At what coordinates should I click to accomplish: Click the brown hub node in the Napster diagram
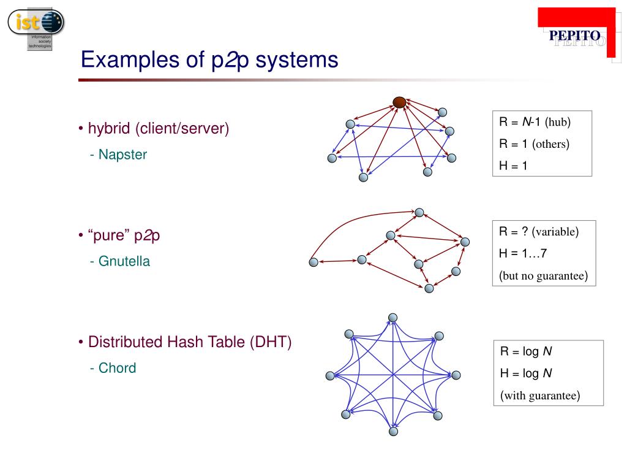[x=399, y=102]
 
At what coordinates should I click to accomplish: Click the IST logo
[x=36, y=27]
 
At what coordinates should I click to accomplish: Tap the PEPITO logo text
[x=574, y=36]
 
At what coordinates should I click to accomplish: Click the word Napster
[x=122, y=155]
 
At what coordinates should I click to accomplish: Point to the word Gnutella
[x=124, y=261]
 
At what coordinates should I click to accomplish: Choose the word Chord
[x=117, y=368]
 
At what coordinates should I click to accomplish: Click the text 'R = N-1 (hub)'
[x=535, y=122]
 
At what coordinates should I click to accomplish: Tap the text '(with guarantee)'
[x=540, y=396]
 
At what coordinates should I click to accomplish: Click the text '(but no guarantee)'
[x=543, y=275]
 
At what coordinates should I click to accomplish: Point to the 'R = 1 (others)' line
[x=534, y=144]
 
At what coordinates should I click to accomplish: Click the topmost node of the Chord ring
[x=393, y=318]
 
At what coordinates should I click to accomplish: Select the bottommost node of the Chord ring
[x=393, y=432]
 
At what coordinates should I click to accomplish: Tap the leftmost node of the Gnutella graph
[x=313, y=262]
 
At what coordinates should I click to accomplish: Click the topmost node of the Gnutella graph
[x=419, y=213]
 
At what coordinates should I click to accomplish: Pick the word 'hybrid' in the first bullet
[x=109, y=129]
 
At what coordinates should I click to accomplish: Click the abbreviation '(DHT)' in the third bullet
[x=270, y=342]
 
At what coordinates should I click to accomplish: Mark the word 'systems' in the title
[x=296, y=60]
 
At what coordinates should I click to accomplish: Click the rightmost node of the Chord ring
[x=455, y=375]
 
